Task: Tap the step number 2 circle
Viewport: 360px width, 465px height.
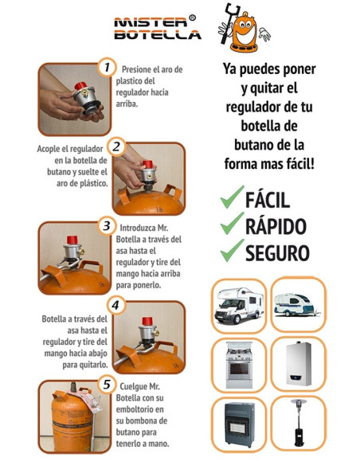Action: [x=117, y=147]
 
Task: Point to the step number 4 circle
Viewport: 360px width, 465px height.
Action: [x=116, y=305]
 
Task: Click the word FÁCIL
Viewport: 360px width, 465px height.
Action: [x=267, y=199]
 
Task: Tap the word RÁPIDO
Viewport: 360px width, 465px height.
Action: [x=275, y=225]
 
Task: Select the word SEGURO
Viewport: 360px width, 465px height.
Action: [x=276, y=252]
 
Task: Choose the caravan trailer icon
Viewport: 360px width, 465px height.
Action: [x=299, y=303]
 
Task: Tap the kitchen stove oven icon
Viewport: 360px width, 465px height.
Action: [x=240, y=363]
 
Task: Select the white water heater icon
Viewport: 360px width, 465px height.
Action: [x=299, y=363]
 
